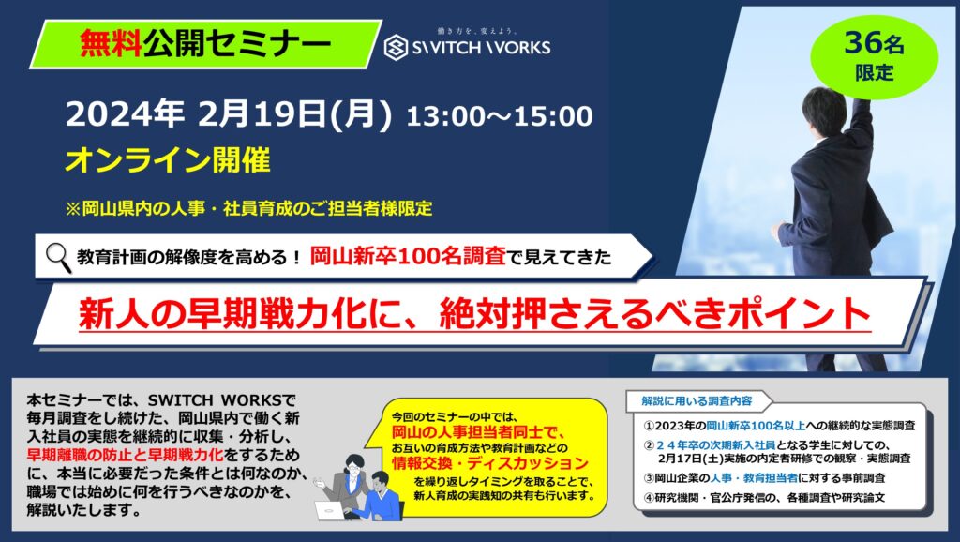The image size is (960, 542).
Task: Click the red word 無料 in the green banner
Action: click(x=111, y=43)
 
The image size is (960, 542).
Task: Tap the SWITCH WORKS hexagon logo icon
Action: click(x=397, y=48)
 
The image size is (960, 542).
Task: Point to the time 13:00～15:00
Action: click(x=500, y=116)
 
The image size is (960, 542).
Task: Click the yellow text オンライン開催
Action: click(x=168, y=160)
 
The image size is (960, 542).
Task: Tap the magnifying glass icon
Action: click(x=59, y=257)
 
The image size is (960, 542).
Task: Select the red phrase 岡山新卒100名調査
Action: click(x=408, y=256)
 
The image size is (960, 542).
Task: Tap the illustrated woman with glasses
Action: click(x=346, y=484)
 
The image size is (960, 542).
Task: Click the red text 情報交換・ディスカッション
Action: click(x=489, y=463)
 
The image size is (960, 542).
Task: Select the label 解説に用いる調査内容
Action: click(x=697, y=401)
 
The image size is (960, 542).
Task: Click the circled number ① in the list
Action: click(x=649, y=426)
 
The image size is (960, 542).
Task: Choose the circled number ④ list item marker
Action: click(x=649, y=497)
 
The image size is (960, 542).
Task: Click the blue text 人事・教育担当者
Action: click(x=754, y=477)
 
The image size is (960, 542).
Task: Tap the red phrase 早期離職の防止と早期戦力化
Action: click(x=125, y=455)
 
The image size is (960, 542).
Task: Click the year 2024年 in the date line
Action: click(x=125, y=114)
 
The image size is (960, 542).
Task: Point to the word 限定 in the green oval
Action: click(x=875, y=73)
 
